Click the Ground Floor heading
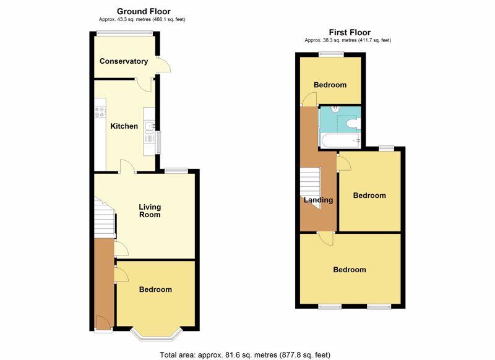coord(144,11)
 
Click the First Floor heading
coord(350,32)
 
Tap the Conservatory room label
coord(124,61)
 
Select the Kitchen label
coord(124,126)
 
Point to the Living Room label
coord(150,211)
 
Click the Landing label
coord(318,200)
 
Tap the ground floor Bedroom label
coord(156,289)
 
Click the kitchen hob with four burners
coord(100,112)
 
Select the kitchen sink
coord(149,126)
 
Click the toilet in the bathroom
coord(353,123)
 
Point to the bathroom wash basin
coord(335,109)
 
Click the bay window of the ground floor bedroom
coord(157,336)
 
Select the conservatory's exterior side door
coord(163,65)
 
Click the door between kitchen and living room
coord(127,166)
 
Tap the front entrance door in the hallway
coord(103,323)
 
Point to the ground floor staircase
coord(105,217)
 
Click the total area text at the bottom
coord(245,355)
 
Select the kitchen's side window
coord(158,143)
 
